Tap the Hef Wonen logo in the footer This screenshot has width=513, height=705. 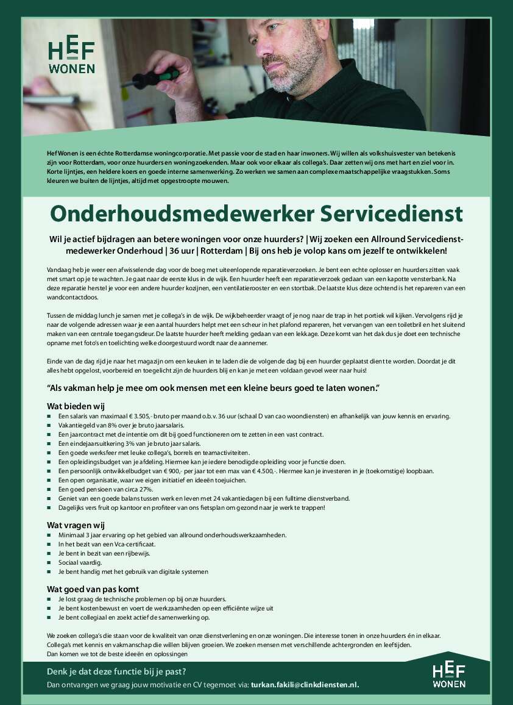448,676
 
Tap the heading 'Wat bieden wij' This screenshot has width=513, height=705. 76,406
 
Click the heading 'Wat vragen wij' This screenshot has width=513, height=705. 77,524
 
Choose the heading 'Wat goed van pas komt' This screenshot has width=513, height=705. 93,589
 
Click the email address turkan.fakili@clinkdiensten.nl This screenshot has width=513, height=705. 305,684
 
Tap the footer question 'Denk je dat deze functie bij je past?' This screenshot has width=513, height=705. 116,672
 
